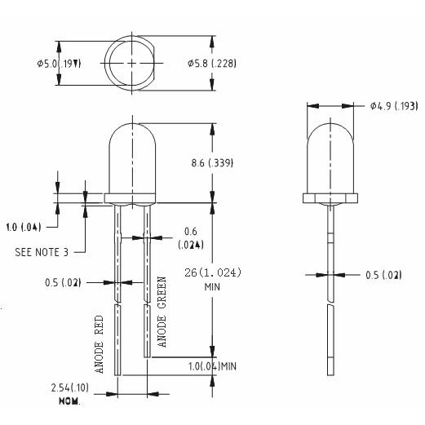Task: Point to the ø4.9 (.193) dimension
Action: (393, 105)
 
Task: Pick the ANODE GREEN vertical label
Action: (162, 312)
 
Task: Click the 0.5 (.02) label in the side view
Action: (383, 275)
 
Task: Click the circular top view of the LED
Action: (131, 64)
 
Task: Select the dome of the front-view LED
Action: (131, 155)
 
